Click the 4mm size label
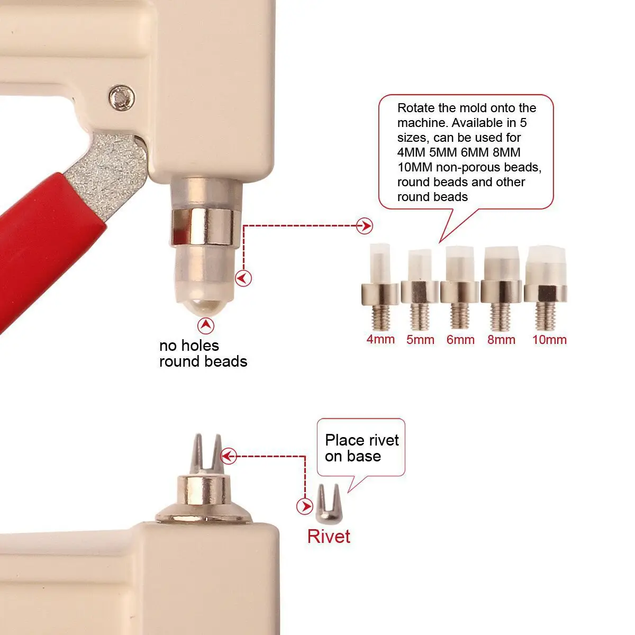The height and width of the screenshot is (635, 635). tap(380, 339)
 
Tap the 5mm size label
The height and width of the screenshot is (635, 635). tap(420, 339)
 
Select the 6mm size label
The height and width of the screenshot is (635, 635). tap(460, 339)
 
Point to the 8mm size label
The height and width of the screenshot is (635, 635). tap(501, 339)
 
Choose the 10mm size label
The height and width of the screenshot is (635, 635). tap(549, 339)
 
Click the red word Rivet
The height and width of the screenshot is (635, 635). tap(329, 536)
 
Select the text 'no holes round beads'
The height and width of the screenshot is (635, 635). tap(203, 353)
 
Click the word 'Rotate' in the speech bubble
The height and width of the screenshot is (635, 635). tap(416, 108)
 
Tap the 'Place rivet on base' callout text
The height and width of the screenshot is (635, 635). tap(362, 448)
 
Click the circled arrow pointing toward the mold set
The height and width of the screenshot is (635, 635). tap(365, 226)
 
